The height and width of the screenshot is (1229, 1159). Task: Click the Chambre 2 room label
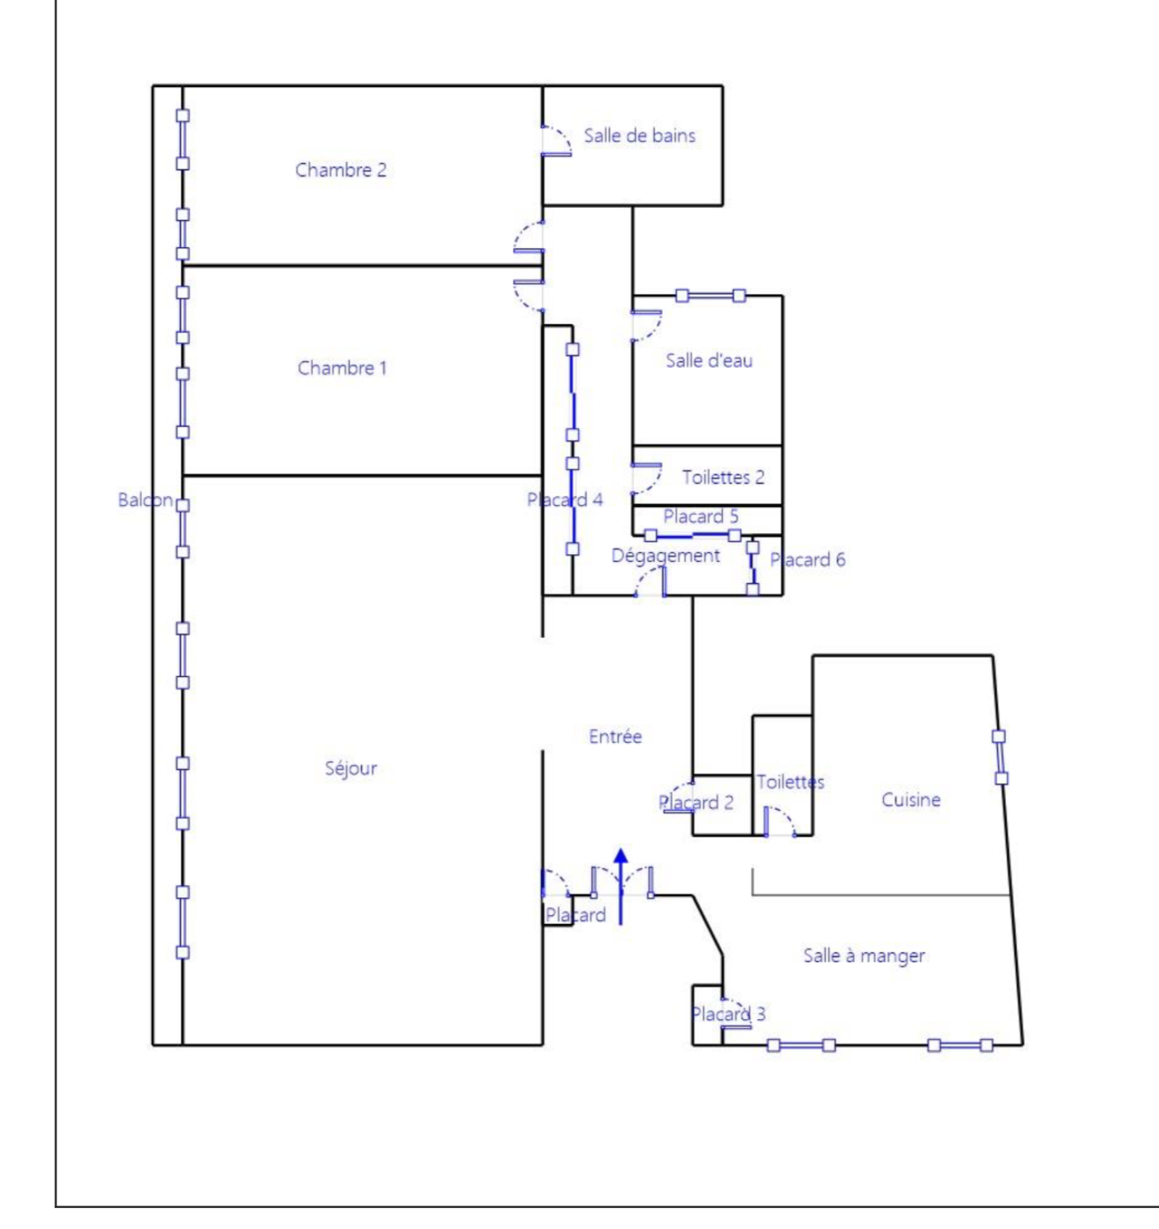(340, 170)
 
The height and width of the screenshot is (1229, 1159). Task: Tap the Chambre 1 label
(342, 368)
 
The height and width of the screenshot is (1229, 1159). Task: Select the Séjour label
(351, 768)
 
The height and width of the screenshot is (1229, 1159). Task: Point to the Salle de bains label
(640, 135)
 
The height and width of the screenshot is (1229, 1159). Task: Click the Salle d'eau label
(709, 360)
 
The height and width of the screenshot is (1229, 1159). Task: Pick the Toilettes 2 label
(723, 477)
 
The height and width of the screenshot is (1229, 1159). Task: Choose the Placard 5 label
(700, 516)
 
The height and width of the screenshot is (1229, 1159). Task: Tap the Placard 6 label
(807, 559)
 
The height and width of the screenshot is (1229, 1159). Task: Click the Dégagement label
(666, 556)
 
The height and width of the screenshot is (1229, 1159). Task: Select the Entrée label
(615, 737)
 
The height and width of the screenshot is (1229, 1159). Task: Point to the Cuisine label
(911, 800)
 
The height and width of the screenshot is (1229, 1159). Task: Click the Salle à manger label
(863, 956)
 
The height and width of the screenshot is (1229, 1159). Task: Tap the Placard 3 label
(728, 1014)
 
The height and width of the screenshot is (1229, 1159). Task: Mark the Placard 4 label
(564, 500)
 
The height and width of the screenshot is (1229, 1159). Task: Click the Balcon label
(145, 500)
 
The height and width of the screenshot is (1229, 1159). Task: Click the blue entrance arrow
(621, 886)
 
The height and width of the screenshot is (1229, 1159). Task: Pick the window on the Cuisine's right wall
(1000, 758)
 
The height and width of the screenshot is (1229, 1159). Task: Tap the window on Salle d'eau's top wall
(711, 295)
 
